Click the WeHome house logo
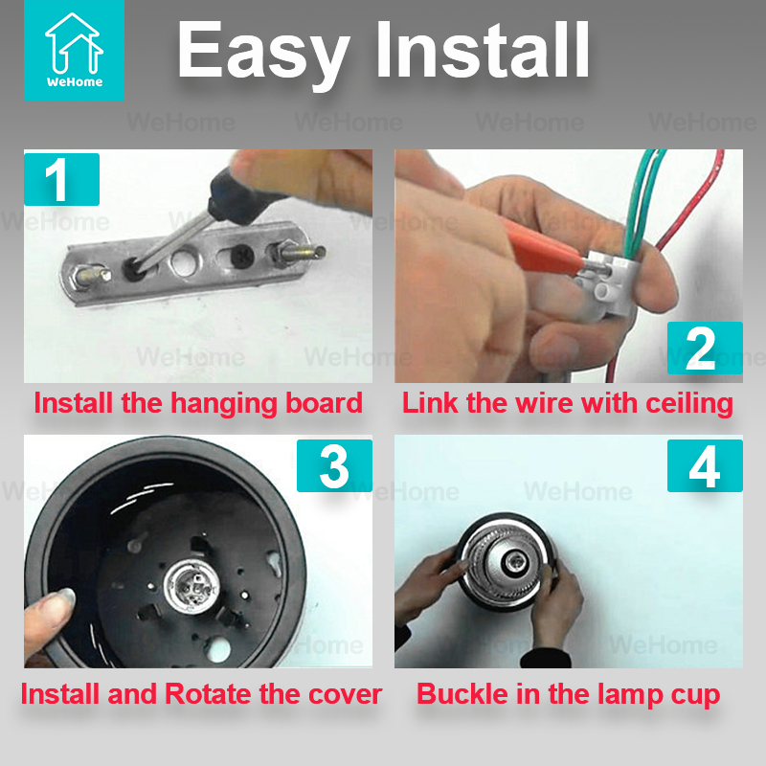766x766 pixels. (74, 50)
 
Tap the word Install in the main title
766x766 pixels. (484, 50)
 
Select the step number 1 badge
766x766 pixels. (61, 179)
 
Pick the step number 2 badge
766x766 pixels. (705, 348)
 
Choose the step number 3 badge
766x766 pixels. (334, 465)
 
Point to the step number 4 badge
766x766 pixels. (705, 465)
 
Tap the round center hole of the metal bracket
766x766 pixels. (186, 261)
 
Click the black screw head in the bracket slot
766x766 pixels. (242, 256)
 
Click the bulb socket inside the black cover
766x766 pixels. (191, 584)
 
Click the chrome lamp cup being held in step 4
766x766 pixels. (506, 562)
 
